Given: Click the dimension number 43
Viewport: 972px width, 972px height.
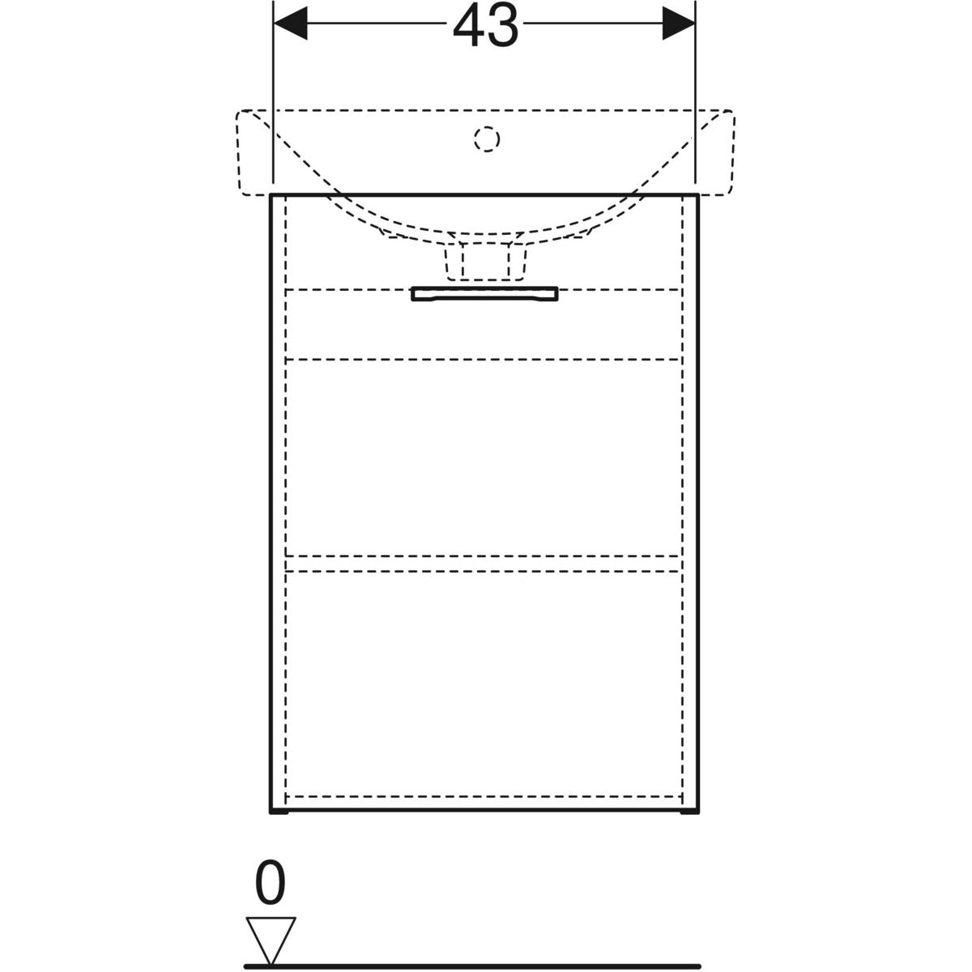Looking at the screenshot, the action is click(x=485, y=24).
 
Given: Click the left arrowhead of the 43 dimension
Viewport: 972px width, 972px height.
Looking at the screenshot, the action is click(x=290, y=23).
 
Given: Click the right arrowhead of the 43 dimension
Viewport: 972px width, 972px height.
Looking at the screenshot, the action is click(x=678, y=23).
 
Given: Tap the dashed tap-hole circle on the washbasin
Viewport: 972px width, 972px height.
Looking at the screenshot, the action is click(x=487, y=139).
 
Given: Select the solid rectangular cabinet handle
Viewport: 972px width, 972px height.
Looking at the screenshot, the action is click(x=484, y=294).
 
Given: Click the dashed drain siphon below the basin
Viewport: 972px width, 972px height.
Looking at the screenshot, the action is click(x=485, y=262).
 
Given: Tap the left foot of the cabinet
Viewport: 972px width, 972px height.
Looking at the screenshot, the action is click(x=279, y=812).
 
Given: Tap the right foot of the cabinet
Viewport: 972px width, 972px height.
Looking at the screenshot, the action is click(x=690, y=812).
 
